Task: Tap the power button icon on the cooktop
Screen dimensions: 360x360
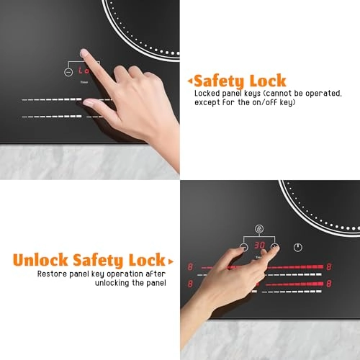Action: click(x=298, y=247)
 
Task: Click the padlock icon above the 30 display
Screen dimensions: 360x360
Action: click(x=259, y=229)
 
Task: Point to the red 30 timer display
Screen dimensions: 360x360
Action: click(x=259, y=245)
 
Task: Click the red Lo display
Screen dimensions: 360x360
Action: click(x=84, y=71)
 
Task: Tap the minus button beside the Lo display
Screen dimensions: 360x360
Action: click(x=68, y=72)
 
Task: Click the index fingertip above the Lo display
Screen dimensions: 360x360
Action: click(x=84, y=53)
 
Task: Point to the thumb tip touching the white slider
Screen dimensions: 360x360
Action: click(x=87, y=103)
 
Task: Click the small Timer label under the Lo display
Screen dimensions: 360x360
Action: click(x=84, y=82)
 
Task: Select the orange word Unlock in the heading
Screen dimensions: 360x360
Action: click(x=40, y=260)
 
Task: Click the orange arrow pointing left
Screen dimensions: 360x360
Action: click(x=189, y=81)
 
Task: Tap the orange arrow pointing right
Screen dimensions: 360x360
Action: click(x=171, y=261)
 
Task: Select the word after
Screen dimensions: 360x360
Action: click(x=157, y=274)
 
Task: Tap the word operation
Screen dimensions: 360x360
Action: click(x=127, y=274)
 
